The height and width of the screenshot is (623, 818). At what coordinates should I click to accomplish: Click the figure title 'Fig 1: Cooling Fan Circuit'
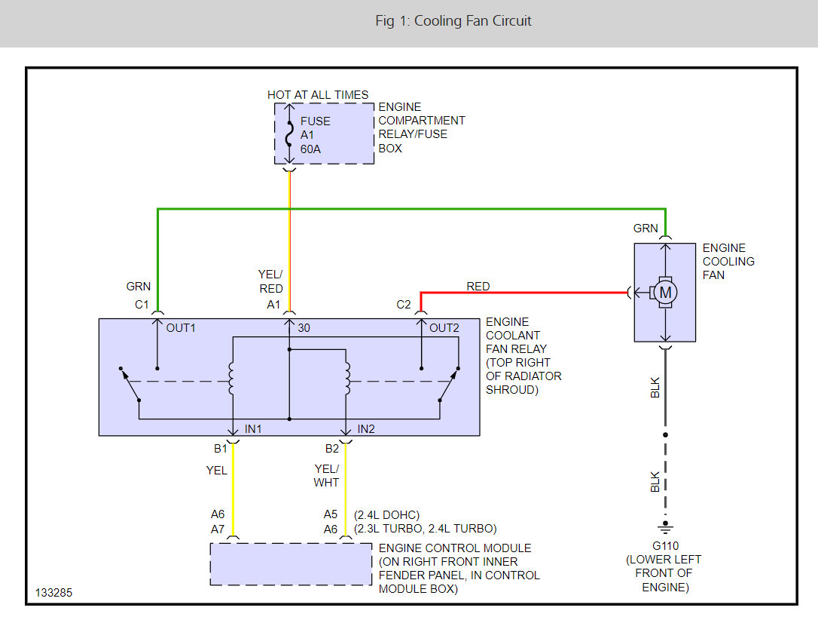click(x=453, y=21)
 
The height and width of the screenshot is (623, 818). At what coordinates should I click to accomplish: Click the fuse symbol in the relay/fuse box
click(x=289, y=134)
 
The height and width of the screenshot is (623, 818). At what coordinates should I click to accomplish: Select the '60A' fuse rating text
click(x=310, y=149)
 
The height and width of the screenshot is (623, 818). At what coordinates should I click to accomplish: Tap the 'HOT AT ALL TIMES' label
click(x=318, y=95)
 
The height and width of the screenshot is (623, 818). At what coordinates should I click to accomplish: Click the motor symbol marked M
click(x=665, y=292)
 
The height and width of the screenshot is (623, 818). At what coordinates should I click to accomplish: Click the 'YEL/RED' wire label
click(x=271, y=281)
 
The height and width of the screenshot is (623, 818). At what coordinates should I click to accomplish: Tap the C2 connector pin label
click(x=404, y=305)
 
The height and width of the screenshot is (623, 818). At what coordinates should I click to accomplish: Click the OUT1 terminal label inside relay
click(x=180, y=328)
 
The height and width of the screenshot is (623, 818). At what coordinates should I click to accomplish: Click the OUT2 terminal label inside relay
click(x=444, y=328)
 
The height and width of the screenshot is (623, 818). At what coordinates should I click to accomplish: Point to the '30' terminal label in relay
click(x=304, y=328)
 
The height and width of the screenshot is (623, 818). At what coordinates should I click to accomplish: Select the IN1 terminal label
click(x=253, y=429)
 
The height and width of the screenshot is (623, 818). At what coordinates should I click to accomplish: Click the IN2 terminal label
click(x=366, y=429)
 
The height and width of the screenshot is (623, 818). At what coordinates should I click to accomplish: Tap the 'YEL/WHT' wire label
click(x=327, y=475)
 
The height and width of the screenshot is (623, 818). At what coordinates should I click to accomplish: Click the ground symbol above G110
click(x=664, y=526)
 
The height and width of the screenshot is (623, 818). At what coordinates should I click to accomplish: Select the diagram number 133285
click(x=53, y=593)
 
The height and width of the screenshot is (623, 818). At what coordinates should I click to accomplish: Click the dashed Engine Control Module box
click(x=290, y=563)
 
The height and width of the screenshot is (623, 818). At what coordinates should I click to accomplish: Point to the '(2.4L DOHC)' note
click(x=386, y=514)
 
